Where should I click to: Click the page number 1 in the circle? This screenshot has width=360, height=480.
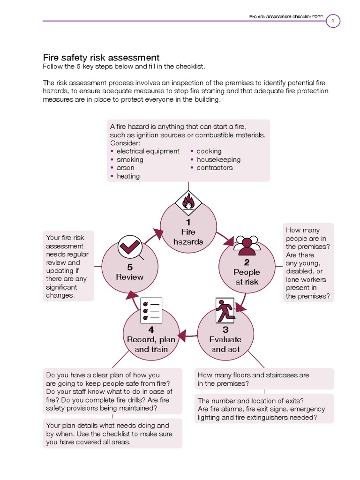tap(332, 21)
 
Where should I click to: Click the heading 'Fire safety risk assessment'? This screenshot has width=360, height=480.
tap(101, 58)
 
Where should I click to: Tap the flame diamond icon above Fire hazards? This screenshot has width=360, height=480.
tap(188, 202)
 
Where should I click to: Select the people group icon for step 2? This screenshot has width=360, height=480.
tap(247, 243)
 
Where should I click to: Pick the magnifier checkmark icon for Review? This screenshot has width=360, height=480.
tap(130, 247)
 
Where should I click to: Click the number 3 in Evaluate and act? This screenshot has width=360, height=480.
tap(225, 330)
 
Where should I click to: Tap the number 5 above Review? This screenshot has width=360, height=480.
tap(130, 267)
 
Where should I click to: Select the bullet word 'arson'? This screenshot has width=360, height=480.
tap(125, 168)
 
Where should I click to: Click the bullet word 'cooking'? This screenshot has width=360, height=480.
tap(209, 151)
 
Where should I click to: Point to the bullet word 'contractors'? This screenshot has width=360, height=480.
tap(215, 168)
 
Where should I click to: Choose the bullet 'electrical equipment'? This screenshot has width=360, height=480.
tap(148, 151)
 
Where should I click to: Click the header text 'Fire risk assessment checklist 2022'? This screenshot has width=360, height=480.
tap(286, 17)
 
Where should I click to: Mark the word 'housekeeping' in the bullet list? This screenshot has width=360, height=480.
tap(218, 159)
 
